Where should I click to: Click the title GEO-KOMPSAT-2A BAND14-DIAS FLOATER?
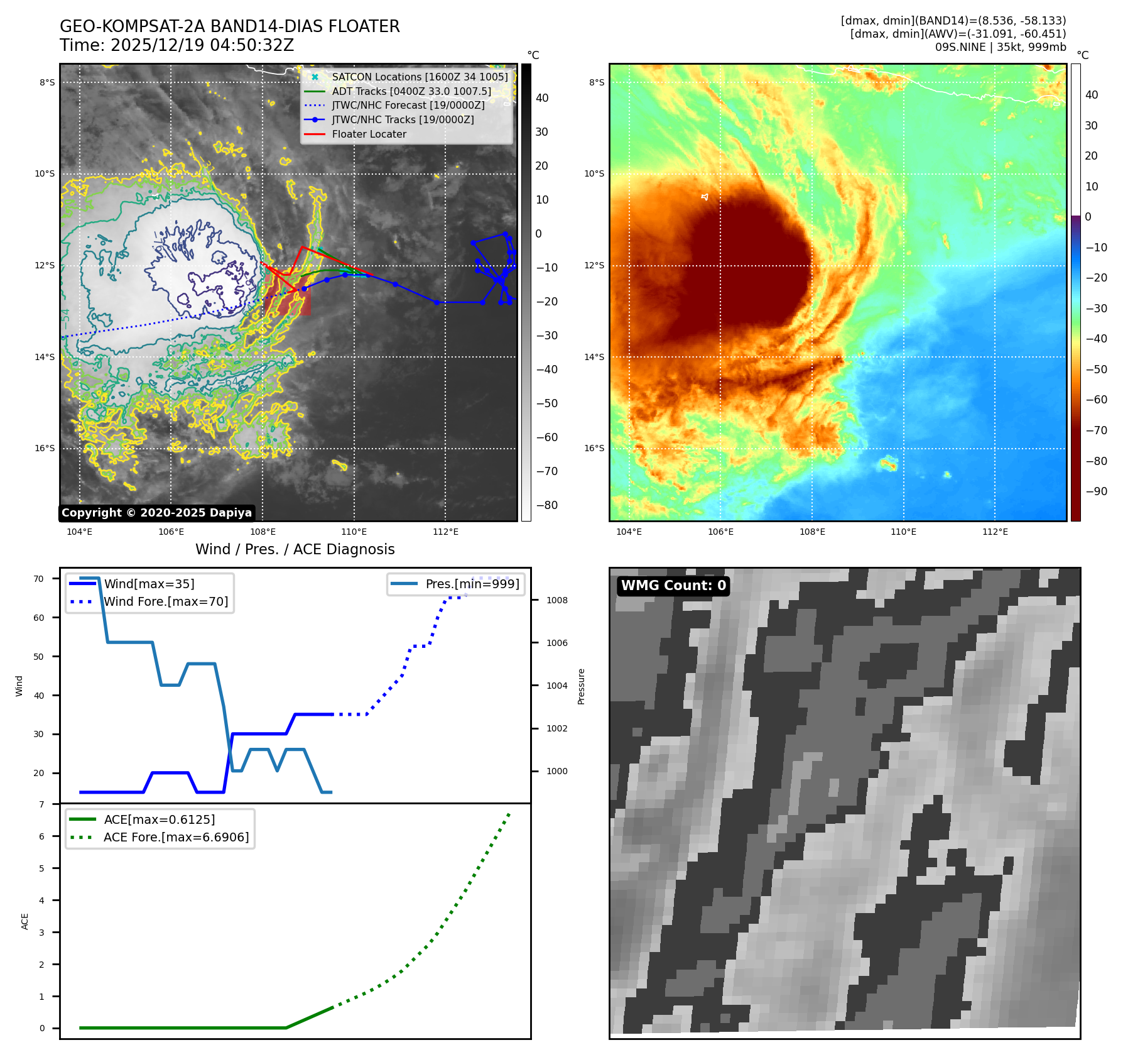pos(229,26)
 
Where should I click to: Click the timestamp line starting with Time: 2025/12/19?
pos(176,45)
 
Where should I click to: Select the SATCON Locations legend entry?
pos(420,77)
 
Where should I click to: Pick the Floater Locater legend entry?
pos(369,134)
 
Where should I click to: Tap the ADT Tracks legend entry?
pos(411,91)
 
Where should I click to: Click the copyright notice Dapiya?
pos(156,513)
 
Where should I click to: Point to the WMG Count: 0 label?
pos(673,586)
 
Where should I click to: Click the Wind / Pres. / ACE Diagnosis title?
pos(295,549)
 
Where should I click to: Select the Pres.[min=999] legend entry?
pos(472,584)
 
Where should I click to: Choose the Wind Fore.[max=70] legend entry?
pos(166,601)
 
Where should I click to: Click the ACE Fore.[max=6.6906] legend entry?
pos(176,837)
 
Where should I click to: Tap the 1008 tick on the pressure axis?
pos(556,600)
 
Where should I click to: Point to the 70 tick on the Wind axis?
pos(39,579)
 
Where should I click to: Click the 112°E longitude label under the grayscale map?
pos(445,532)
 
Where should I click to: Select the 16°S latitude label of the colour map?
pos(594,448)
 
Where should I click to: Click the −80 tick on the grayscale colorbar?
pos(546,505)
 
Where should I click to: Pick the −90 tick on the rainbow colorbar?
pos(1096,491)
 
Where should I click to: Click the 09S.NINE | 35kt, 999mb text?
pos(1000,47)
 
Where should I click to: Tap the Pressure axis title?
pos(581,686)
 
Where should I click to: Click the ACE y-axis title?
pos(25,921)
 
